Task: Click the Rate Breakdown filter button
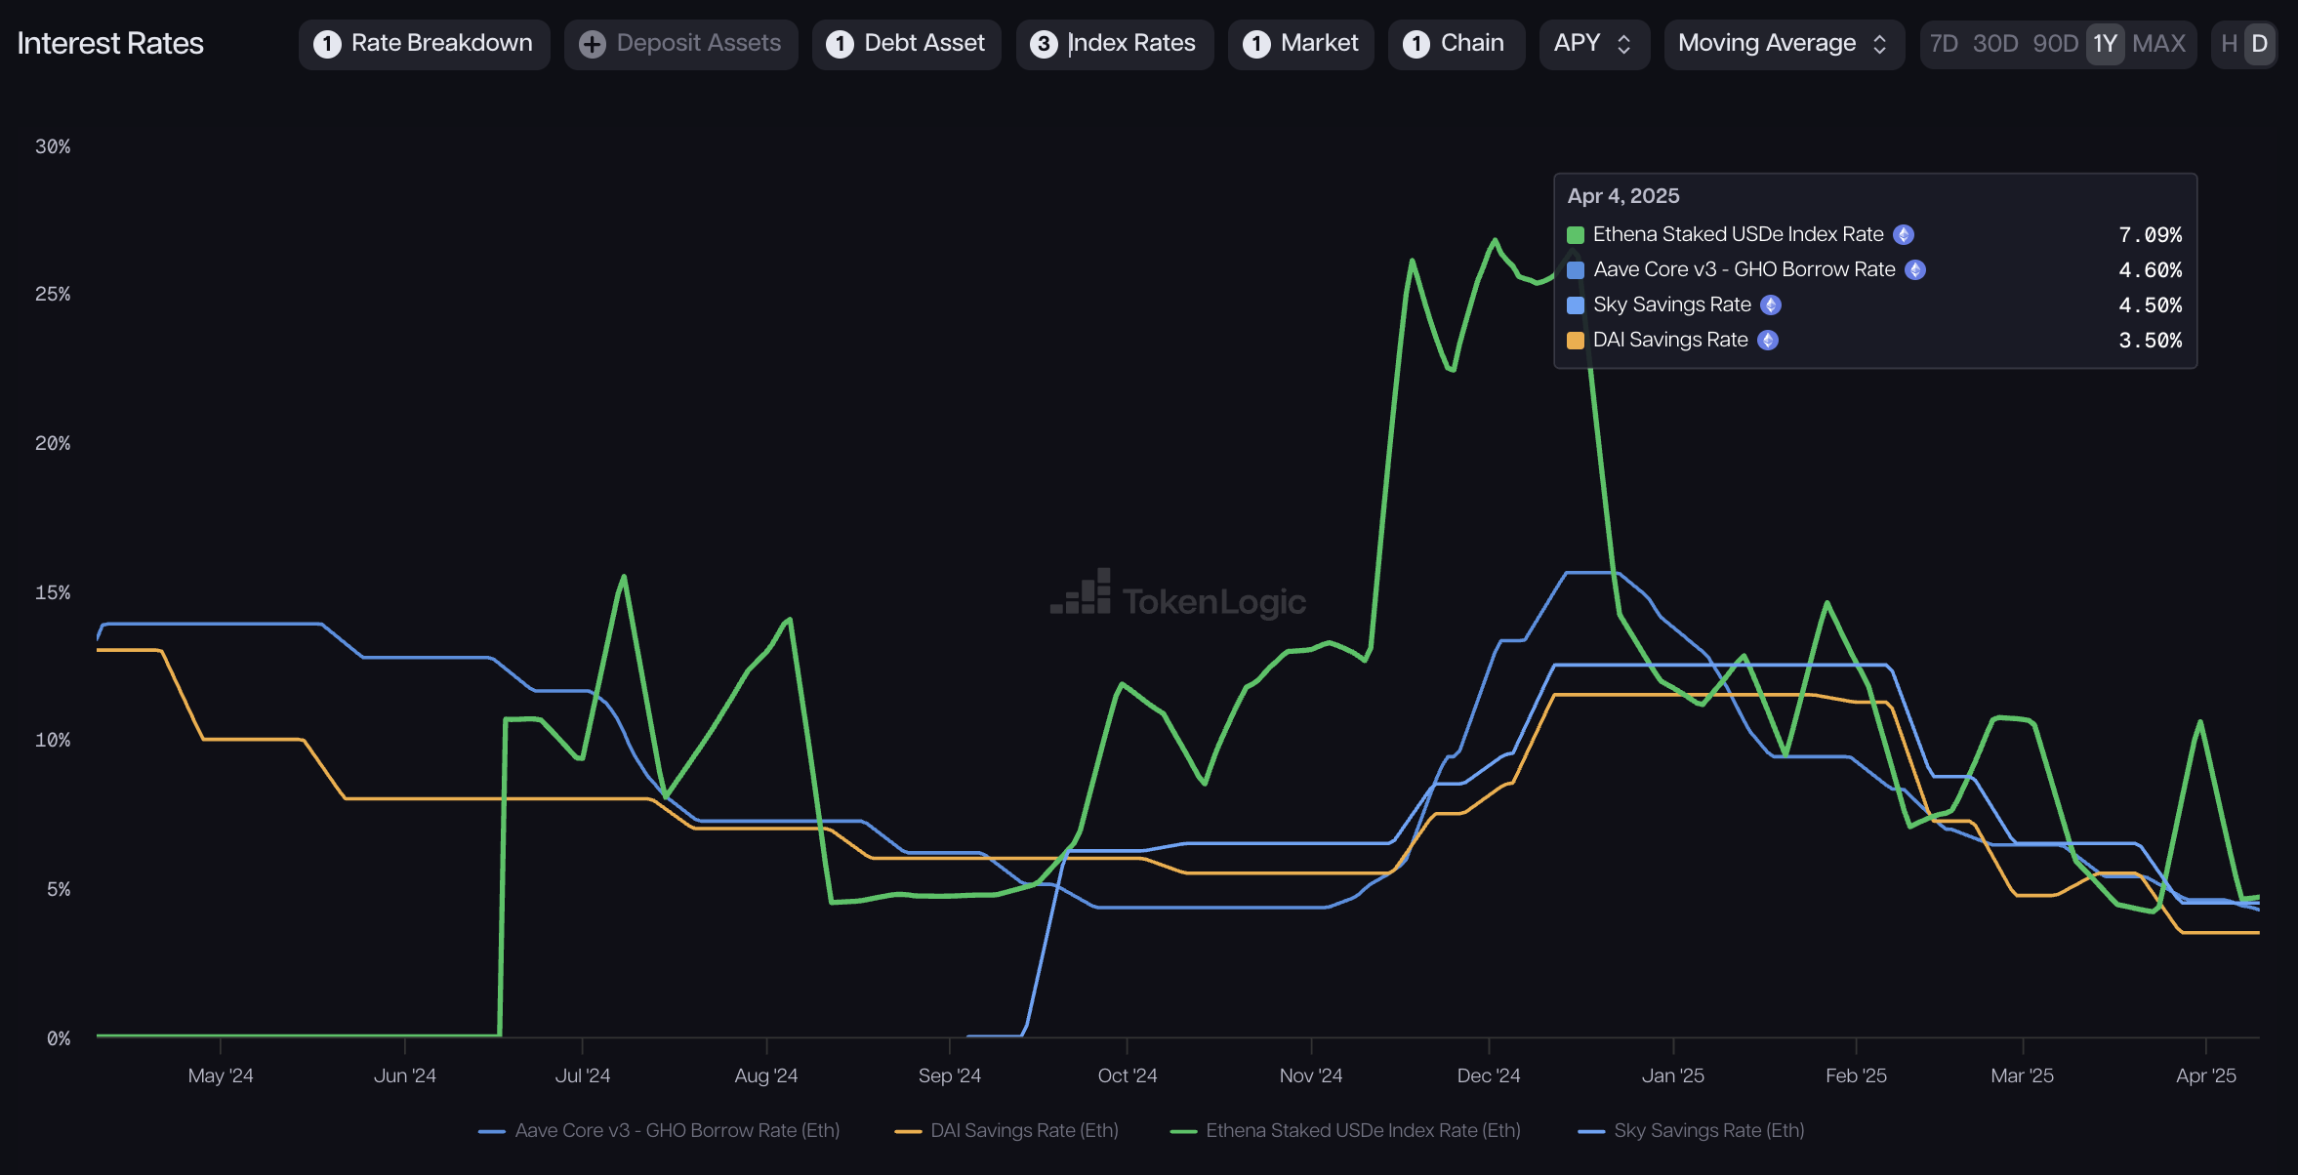pyautogui.click(x=424, y=44)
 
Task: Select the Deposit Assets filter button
pyautogui.click(x=680, y=44)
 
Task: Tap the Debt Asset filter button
pyautogui.click(x=906, y=44)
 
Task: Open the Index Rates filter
pyautogui.click(x=1114, y=44)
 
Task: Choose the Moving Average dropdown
pyautogui.click(x=1783, y=44)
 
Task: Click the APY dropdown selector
pyautogui.click(x=1593, y=44)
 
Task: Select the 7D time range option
pyautogui.click(x=1944, y=44)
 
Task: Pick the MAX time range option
pyautogui.click(x=2158, y=44)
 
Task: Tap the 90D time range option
pyautogui.click(x=2055, y=44)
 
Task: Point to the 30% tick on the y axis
pyautogui.click(x=53, y=146)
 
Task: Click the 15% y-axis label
pyautogui.click(x=53, y=592)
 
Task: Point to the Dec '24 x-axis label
pyautogui.click(x=1488, y=1075)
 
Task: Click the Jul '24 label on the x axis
pyautogui.click(x=583, y=1075)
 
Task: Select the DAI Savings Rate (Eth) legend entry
pyautogui.click(x=1023, y=1130)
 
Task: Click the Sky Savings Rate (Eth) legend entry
pyautogui.click(x=1707, y=1130)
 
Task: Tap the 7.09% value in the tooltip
pyautogui.click(x=2150, y=235)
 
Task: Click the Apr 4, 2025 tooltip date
pyautogui.click(x=1623, y=196)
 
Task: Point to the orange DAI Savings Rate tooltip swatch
pyautogui.click(x=1576, y=341)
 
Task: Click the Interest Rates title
pyautogui.click(x=110, y=44)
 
